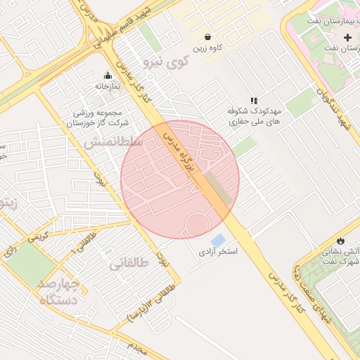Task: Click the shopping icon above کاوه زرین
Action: click(x=208, y=37)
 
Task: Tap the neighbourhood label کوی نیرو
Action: click(x=166, y=62)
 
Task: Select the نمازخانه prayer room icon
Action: click(x=108, y=75)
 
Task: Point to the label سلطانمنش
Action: click(x=114, y=141)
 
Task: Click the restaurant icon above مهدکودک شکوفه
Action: click(x=254, y=101)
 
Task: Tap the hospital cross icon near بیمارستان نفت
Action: click(x=347, y=37)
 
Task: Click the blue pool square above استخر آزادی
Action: click(x=218, y=240)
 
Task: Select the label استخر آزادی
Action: click(x=218, y=252)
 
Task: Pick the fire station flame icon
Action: click(x=341, y=240)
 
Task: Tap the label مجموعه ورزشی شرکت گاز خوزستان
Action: click(x=98, y=118)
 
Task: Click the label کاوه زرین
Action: click(x=209, y=48)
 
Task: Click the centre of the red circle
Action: click(x=180, y=180)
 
